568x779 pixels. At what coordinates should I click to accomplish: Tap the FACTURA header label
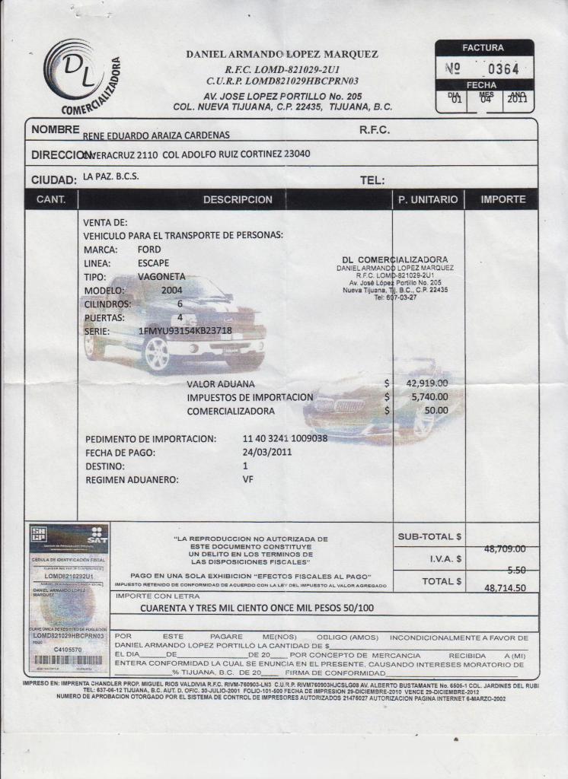(x=483, y=47)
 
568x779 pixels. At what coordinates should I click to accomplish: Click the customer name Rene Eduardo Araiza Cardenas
(x=156, y=135)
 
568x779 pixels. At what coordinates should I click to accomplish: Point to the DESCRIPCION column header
(x=237, y=199)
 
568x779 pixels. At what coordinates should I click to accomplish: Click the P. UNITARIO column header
(x=428, y=199)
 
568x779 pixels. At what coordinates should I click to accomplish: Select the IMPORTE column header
(x=503, y=199)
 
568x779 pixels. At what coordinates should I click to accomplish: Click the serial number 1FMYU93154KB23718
(x=185, y=331)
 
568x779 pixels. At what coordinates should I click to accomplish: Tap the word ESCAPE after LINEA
(x=154, y=262)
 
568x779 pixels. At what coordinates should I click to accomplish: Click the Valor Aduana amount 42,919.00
(x=426, y=383)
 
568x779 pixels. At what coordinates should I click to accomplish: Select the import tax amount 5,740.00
(x=429, y=397)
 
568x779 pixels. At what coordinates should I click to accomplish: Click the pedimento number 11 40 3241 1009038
(x=285, y=439)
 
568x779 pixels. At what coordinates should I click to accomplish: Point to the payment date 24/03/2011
(x=267, y=452)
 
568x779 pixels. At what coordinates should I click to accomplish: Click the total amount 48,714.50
(x=505, y=588)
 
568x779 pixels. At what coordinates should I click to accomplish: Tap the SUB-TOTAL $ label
(x=429, y=536)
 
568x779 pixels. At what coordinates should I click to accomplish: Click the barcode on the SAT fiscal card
(x=69, y=660)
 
